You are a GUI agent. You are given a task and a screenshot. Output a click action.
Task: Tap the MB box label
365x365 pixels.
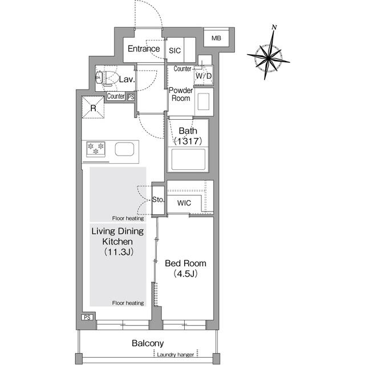[216, 38]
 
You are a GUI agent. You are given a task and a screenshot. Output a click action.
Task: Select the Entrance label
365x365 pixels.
[143, 49]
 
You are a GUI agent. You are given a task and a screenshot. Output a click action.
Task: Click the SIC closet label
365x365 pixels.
[175, 51]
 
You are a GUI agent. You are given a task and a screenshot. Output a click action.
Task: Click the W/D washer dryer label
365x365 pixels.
[204, 76]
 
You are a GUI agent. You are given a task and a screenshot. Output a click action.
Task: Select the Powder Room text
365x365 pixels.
[181, 95]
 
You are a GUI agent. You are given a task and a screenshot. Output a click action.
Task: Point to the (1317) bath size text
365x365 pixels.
[188, 141]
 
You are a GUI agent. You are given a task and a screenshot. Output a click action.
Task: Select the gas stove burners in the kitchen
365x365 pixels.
[96, 149]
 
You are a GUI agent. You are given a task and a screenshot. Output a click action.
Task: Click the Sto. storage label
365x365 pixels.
[159, 200]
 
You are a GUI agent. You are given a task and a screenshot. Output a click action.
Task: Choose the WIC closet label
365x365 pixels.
[184, 203]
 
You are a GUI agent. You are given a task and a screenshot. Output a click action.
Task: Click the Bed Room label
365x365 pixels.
[185, 263]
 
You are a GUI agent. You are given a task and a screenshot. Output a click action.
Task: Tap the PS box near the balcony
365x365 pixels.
[87, 318]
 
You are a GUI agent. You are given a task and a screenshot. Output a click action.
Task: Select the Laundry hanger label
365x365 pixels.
[176, 355]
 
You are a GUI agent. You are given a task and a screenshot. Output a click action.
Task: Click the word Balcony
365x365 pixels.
[148, 343]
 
